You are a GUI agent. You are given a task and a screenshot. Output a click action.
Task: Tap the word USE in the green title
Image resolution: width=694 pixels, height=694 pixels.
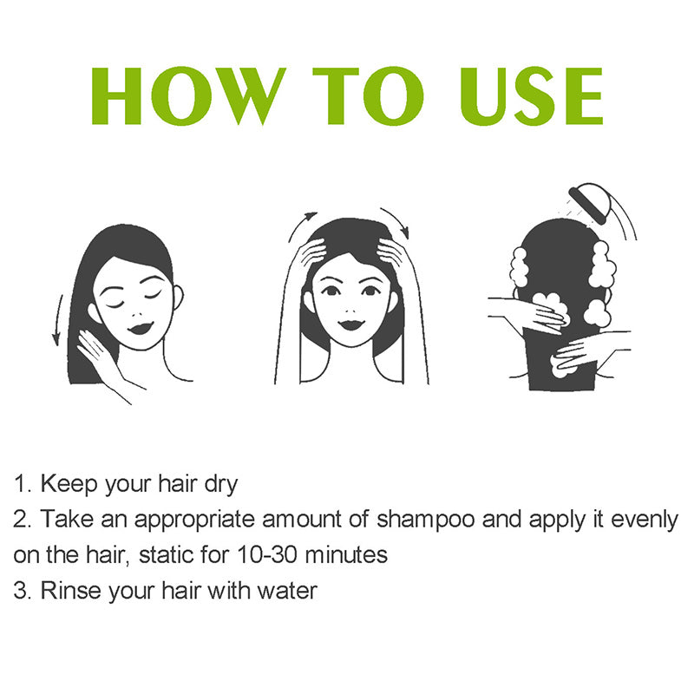click(531, 95)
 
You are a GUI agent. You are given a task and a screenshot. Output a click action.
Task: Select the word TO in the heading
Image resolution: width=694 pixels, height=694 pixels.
click(368, 95)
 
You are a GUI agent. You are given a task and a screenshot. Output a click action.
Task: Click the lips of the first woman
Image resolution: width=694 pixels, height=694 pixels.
click(140, 329)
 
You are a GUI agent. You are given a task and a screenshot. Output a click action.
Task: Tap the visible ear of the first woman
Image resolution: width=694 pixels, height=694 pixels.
click(178, 298)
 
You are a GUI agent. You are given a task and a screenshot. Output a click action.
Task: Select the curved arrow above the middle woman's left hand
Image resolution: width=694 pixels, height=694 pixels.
click(301, 225)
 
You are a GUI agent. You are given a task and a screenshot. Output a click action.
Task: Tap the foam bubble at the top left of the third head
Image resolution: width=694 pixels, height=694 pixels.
click(519, 267)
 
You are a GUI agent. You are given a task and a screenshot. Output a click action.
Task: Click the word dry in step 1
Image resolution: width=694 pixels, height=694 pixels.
click(221, 485)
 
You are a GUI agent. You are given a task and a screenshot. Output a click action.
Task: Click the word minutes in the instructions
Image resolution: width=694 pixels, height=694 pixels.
click(346, 555)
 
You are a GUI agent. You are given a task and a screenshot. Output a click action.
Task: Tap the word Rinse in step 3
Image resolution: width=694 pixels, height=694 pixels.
click(71, 591)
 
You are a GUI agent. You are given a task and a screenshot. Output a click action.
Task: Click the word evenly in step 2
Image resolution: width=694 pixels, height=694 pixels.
click(645, 520)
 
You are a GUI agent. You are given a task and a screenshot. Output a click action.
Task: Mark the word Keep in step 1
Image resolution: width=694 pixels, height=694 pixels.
click(69, 484)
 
